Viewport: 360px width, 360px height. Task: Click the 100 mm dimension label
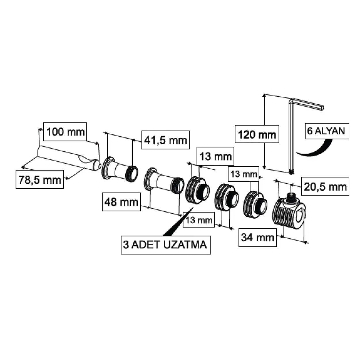click(x=65, y=132)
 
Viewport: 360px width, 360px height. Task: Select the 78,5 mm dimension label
click(x=40, y=179)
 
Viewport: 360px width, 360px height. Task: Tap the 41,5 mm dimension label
click(x=166, y=140)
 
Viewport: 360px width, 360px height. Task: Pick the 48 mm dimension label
click(x=121, y=202)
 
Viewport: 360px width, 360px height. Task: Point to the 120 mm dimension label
click(x=257, y=134)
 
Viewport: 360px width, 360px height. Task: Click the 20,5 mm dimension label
click(x=325, y=186)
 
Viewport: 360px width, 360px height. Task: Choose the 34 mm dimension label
click(x=257, y=237)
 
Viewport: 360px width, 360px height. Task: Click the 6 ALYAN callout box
click(x=327, y=131)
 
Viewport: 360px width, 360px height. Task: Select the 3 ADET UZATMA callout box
click(x=166, y=245)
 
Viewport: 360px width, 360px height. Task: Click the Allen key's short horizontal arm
click(x=308, y=104)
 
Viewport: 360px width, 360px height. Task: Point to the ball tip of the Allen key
click(x=291, y=172)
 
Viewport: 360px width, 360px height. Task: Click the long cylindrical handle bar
click(x=69, y=158)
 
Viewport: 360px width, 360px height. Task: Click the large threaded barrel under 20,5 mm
click(x=289, y=213)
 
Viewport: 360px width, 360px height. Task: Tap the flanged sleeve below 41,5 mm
click(x=120, y=169)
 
